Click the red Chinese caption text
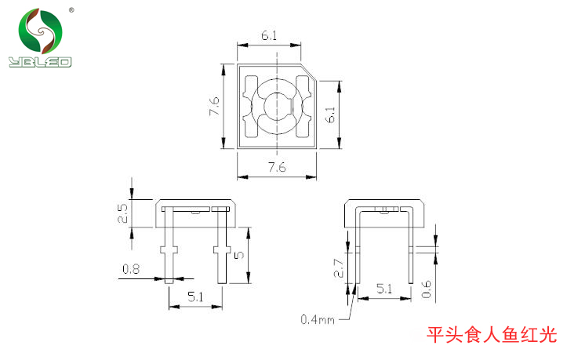(x=491, y=336)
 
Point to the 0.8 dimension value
(x=132, y=269)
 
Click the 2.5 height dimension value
(x=122, y=213)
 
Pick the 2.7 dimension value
(x=339, y=268)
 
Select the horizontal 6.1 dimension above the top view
(x=268, y=35)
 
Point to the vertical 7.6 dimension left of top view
(x=214, y=107)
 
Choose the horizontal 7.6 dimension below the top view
(x=276, y=167)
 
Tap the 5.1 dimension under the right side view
(x=384, y=289)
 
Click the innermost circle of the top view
(x=276, y=107)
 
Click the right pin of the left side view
(x=220, y=247)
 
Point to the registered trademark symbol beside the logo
(x=71, y=10)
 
